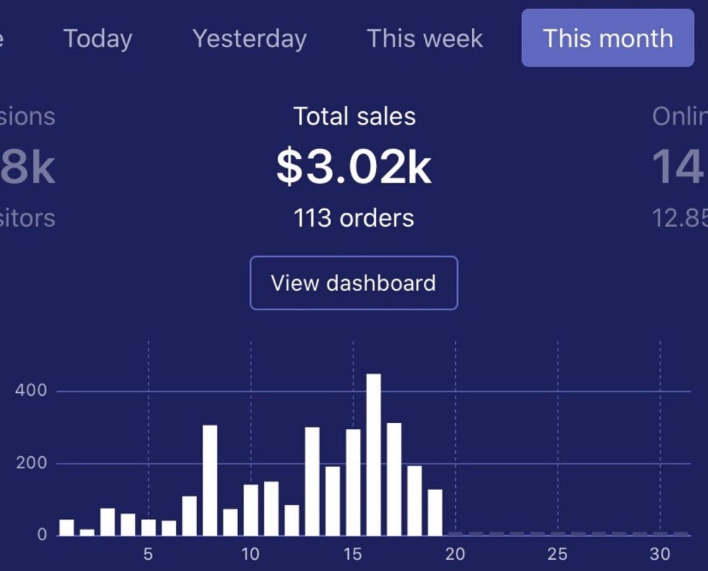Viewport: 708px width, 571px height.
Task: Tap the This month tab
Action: (607, 38)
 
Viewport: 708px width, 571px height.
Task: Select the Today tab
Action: (97, 38)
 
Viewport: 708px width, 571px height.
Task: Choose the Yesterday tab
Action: (249, 38)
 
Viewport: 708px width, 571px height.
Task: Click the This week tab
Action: (425, 38)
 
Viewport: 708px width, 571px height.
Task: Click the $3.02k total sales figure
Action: (354, 167)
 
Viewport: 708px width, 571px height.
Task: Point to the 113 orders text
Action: (354, 218)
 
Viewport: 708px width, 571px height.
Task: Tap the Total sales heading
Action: (354, 116)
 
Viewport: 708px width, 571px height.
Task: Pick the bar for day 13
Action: (312, 481)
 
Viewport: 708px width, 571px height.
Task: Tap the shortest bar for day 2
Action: (87, 532)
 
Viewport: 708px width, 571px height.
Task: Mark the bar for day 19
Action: (435, 512)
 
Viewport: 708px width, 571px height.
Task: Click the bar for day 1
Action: (66, 527)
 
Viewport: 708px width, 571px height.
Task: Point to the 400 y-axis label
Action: (31, 391)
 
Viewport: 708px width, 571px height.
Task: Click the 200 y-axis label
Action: (31, 463)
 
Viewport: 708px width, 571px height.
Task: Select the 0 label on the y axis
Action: (42, 534)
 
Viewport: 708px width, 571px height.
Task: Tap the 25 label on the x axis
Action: (557, 554)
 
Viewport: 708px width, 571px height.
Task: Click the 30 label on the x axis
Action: (660, 554)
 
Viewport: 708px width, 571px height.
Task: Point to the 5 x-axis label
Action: (148, 554)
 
